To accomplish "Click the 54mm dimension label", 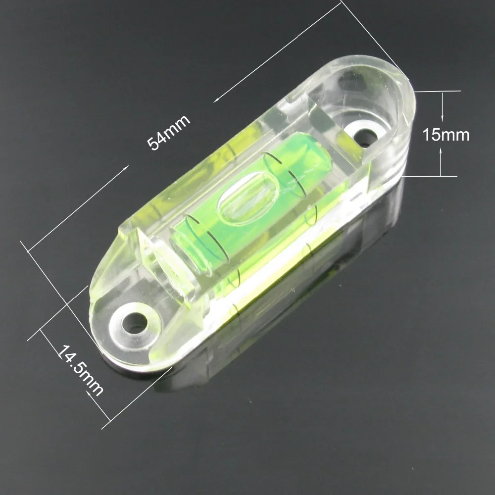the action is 169,132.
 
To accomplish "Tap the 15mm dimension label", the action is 446,135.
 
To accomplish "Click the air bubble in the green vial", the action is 248,198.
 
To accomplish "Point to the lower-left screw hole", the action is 134,323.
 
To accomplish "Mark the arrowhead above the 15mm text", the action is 442,117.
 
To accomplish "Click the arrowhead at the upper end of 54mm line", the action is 217,100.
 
